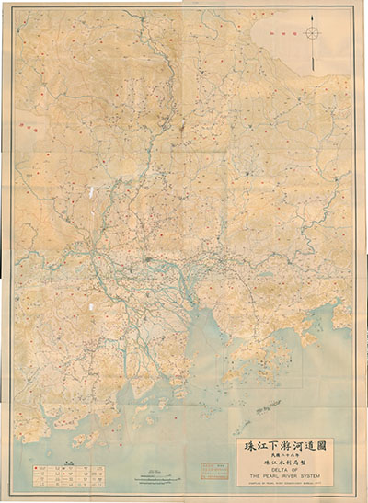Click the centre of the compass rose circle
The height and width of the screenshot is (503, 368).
(x=313, y=33)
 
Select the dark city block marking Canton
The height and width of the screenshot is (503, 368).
(x=157, y=266)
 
